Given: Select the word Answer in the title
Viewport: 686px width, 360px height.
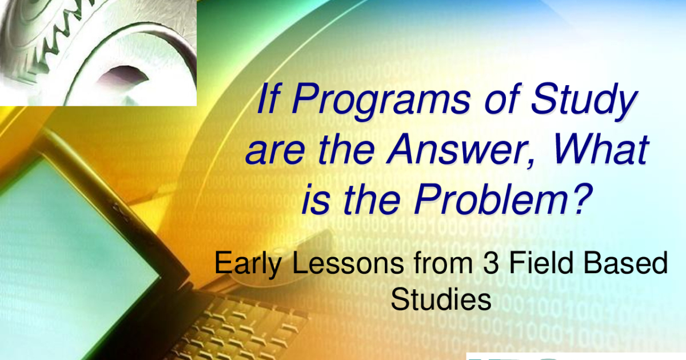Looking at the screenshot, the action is click(x=454, y=150).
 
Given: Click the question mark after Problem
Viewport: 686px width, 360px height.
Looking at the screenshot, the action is click(x=581, y=198).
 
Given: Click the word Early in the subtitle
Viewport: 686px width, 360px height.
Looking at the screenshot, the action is click(x=248, y=264).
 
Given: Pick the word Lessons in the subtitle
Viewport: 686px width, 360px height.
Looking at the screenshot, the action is click(x=348, y=263).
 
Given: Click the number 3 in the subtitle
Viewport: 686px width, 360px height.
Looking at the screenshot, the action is click(x=491, y=263).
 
